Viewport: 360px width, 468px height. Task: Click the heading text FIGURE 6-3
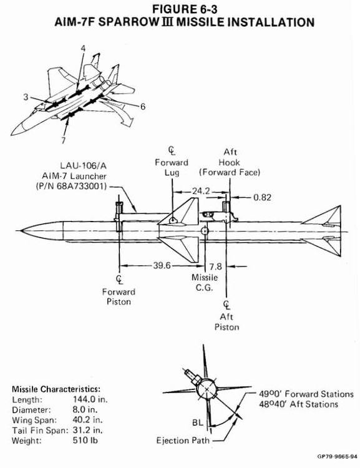180,10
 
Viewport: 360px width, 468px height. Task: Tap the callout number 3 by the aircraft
26,97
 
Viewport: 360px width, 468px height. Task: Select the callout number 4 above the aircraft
83,47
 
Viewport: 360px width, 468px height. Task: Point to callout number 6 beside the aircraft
142,107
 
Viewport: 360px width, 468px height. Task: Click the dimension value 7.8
216,265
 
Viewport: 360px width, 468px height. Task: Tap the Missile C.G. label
205,281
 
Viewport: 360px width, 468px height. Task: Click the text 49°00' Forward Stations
306,394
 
